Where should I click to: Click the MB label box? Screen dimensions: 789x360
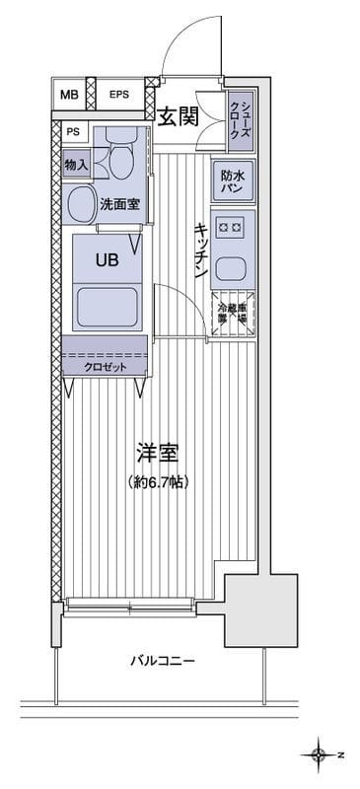[67, 95]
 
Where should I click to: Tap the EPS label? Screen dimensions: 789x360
[118, 95]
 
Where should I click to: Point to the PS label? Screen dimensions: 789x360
[73, 131]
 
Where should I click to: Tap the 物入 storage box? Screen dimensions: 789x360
[76, 164]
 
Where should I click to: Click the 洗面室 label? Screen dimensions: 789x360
[118, 205]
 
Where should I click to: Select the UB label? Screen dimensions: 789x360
[106, 260]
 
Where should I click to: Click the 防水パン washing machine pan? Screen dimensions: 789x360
[233, 180]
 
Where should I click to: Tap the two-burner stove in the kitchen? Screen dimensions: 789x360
[233, 229]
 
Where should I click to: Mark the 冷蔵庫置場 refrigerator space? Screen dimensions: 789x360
[233, 314]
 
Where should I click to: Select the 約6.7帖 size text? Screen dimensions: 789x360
[158, 482]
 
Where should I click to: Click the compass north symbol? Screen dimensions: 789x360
[319, 755]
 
